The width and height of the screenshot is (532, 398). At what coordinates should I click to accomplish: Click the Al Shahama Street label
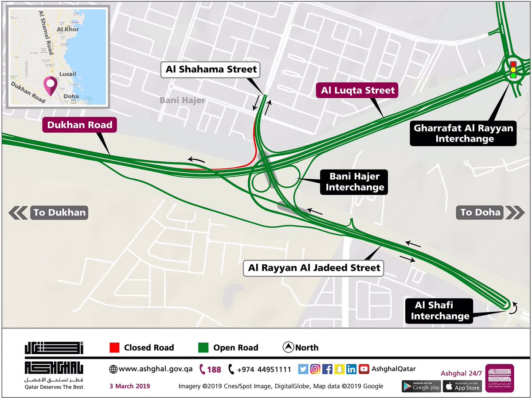(211, 70)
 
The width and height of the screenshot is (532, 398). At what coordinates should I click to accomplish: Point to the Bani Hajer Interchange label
(355, 182)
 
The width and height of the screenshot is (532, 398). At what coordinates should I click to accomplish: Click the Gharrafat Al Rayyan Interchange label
(463, 133)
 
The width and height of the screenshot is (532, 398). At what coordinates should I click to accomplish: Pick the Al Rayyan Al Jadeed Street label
(314, 268)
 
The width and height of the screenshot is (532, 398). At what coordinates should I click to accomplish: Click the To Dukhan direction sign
(49, 213)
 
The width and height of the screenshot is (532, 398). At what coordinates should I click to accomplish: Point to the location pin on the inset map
(50, 84)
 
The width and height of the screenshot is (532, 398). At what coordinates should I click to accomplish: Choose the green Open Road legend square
(203, 348)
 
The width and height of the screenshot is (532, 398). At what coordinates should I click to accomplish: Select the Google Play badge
(421, 386)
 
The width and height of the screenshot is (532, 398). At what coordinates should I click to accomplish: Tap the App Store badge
(463, 386)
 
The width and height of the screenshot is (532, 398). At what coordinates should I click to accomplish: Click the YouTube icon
(364, 369)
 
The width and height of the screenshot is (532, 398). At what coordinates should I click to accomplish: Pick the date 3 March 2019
(130, 386)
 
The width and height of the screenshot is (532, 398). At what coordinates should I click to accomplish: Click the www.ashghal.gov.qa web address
(151, 369)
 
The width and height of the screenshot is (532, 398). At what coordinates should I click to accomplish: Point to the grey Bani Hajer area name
(183, 100)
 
